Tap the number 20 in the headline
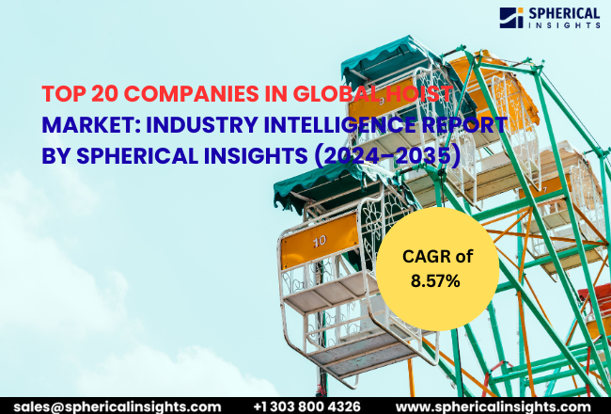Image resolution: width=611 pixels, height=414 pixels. click(x=96, y=94)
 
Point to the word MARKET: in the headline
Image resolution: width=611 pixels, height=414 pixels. click(x=87, y=124)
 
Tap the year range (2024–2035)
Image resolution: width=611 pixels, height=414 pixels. click(x=393, y=154)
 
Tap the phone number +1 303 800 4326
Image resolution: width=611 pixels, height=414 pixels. click(x=306, y=405)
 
